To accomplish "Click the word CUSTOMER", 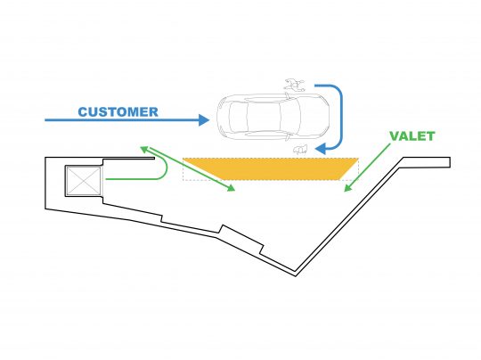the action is point(118,111).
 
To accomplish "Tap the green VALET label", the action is point(412,136).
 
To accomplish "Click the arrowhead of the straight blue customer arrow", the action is point(204,120).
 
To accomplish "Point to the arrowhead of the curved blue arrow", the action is point(321,149).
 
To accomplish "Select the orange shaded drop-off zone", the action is point(270,168).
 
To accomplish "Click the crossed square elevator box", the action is point(84,181).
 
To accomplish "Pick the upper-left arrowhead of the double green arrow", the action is point(144,150).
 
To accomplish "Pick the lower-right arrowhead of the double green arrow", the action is point(231,188).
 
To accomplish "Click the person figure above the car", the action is point(295,85).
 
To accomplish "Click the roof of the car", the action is point(264,117).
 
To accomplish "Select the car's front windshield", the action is point(289,117).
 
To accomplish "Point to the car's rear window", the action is point(239,117).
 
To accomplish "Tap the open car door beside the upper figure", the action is point(288,95).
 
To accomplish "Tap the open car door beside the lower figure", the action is point(288,137).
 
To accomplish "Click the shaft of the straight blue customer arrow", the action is point(122,120).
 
